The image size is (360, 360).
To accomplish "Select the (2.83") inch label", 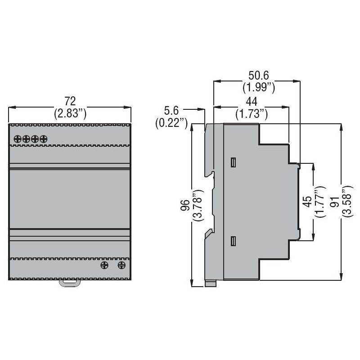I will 70,113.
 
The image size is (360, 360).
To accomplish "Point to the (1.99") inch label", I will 259,87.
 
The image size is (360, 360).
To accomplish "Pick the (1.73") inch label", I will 252,115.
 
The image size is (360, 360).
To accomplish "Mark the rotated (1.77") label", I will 320,201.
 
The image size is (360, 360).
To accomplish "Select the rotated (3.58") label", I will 347,201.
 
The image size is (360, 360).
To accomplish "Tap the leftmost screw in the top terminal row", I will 18,139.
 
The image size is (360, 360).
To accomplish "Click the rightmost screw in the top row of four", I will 43,139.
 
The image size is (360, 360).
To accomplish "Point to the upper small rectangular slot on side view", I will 233,162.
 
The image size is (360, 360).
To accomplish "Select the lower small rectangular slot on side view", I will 233,242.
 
